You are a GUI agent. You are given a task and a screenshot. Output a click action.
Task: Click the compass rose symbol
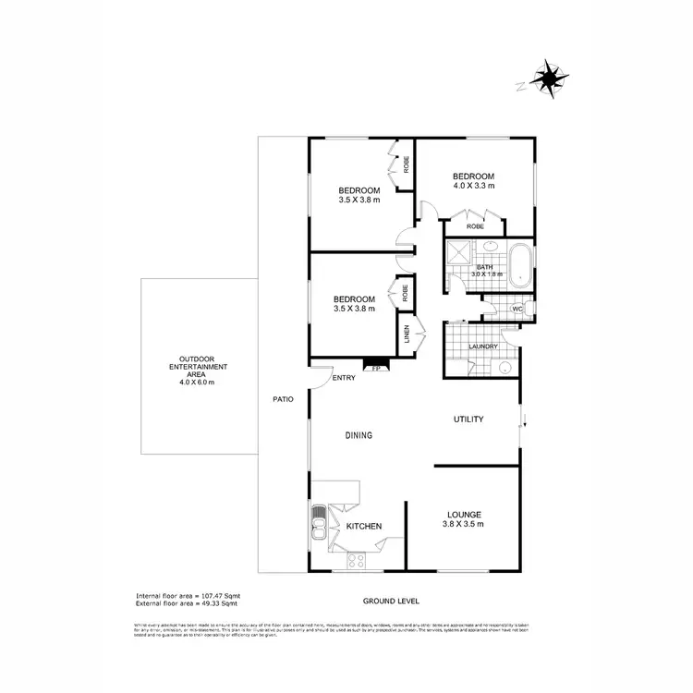click(x=549, y=79)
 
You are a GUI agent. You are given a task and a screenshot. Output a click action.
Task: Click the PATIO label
click(x=283, y=400)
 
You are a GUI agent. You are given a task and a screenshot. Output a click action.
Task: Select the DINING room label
click(x=359, y=435)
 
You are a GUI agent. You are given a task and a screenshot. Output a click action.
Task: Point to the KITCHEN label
click(x=364, y=526)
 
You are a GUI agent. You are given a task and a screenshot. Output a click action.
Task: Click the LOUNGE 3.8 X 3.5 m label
click(x=465, y=518)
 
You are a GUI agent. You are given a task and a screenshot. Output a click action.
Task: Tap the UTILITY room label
click(x=468, y=419)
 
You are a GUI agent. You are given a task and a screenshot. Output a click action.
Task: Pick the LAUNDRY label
click(x=482, y=346)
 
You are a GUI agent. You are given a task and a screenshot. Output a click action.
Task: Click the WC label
click(x=518, y=309)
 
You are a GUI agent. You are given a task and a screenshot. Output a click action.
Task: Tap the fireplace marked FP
click(x=375, y=366)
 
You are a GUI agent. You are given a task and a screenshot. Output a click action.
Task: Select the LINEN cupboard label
click(x=406, y=334)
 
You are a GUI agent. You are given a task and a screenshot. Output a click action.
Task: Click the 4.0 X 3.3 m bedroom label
click(x=473, y=181)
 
